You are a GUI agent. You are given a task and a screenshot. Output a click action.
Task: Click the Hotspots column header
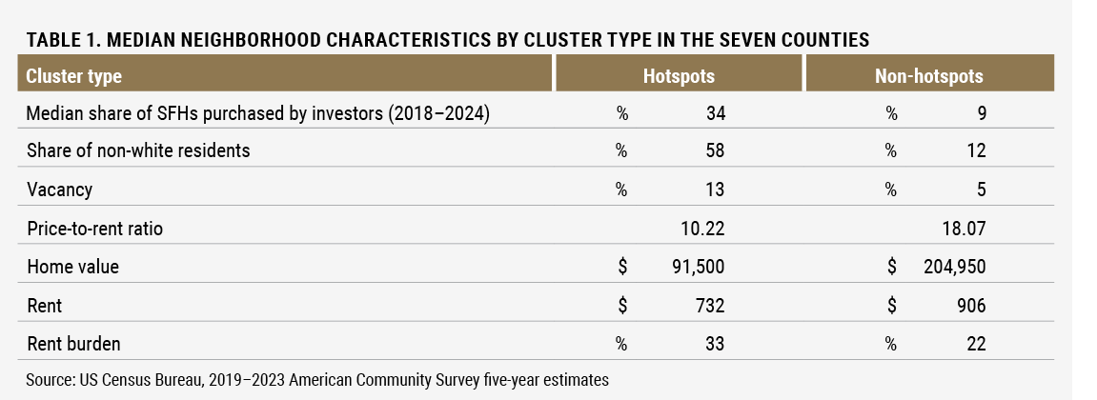point(679,75)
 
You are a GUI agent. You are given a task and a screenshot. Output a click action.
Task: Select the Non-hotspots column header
point(928,75)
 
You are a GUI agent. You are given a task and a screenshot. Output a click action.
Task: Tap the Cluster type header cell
point(74,75)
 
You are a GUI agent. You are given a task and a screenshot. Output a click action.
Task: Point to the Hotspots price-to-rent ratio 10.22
point(701,229)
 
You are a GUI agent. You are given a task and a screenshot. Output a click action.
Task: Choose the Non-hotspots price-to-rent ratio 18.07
point(961,229)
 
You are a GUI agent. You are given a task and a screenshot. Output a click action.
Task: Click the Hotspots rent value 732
point(710,305)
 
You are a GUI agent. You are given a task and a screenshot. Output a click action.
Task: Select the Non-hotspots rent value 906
point(970,305)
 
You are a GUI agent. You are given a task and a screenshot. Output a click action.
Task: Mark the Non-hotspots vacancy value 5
point(980,190)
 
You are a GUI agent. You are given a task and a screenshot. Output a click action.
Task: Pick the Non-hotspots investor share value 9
point(981,113)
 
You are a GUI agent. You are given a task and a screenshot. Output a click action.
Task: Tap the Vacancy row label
point(59,190)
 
